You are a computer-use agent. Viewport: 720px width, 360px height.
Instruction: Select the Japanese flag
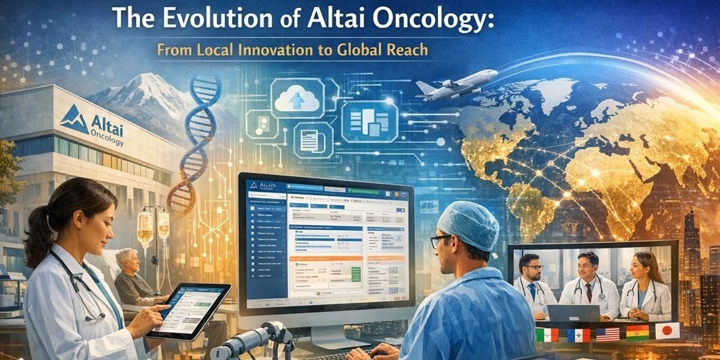coord(667,331)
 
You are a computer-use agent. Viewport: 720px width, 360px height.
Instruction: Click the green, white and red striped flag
coord(547,335)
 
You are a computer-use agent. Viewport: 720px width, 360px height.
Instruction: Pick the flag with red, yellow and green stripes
coord(637,332)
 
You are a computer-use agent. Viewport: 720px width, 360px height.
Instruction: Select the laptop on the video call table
coord(572,312)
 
